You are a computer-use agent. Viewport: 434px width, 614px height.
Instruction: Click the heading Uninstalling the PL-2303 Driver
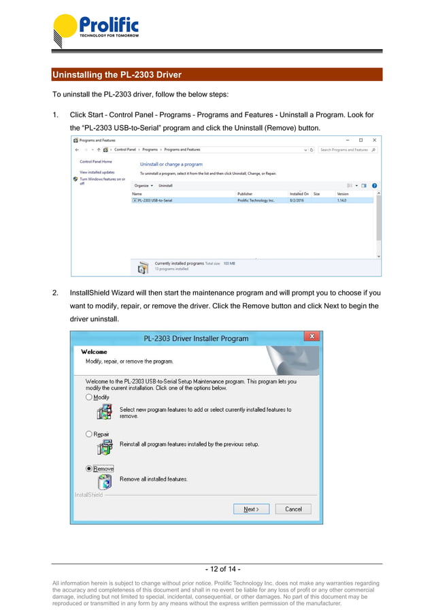(117, 74)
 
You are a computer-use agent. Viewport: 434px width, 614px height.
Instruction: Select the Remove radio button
(89, 468)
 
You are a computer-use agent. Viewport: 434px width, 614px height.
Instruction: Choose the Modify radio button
(89, 397)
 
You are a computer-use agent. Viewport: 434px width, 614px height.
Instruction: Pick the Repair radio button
(89, 434)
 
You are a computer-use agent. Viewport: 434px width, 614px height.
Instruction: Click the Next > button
(251, 508)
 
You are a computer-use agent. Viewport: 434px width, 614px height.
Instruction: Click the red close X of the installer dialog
(312, 337)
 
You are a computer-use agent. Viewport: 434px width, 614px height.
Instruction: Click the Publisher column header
(245, 194)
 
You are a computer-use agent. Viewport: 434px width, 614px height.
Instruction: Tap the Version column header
(343, 194)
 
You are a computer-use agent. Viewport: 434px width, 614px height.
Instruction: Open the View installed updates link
(97, 172)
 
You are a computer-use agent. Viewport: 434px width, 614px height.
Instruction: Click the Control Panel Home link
(96, 162)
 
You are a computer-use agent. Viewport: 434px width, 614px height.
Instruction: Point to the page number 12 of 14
(222, 569)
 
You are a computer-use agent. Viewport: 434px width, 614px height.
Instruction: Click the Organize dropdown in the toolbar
(143, 185)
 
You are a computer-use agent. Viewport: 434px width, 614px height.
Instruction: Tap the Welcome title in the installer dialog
(95, 352)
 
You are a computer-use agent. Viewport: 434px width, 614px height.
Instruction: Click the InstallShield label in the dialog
(88, 495)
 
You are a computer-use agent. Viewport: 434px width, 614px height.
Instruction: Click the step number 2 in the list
(54, 293)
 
